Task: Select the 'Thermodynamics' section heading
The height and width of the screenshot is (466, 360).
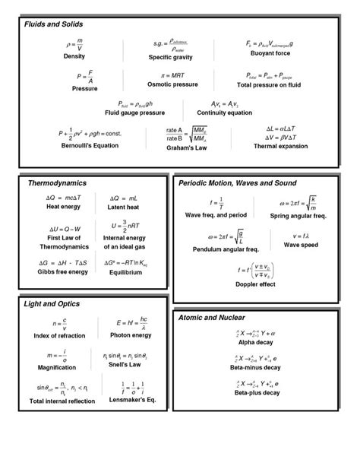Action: coord(57,183)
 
